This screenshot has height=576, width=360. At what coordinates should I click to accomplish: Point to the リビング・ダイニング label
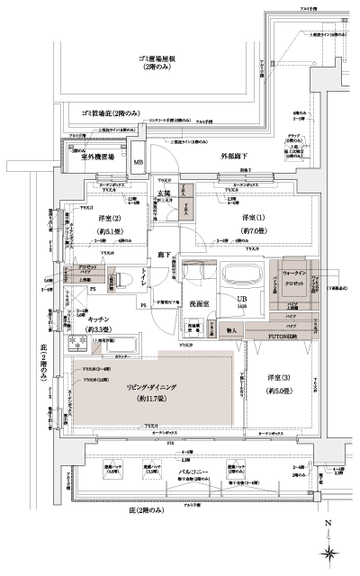click(150, 384)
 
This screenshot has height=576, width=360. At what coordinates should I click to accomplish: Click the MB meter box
click(139, 162)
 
